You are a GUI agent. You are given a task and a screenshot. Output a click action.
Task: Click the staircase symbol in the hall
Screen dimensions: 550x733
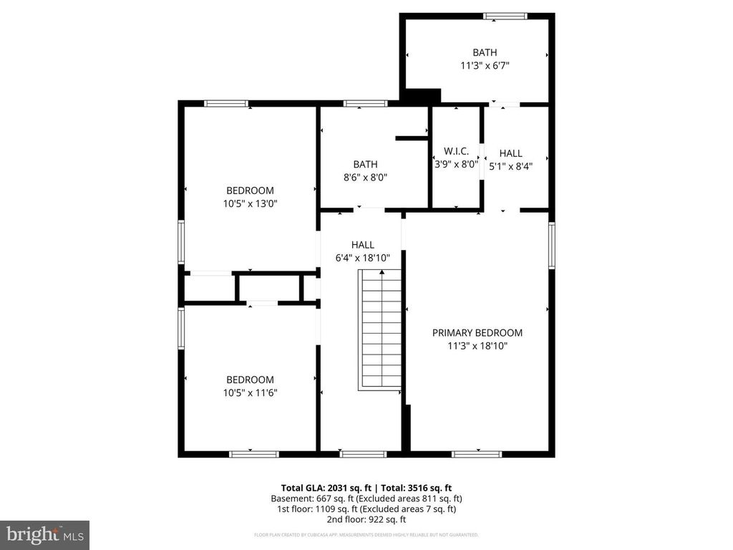(x=382, y=329)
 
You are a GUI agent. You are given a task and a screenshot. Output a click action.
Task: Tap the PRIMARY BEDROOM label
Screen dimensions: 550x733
(x=477, y=333)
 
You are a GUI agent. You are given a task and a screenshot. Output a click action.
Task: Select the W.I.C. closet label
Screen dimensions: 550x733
(x=456, y=151)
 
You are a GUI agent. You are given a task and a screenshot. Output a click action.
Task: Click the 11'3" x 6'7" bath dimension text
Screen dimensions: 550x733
(x=484, y=65)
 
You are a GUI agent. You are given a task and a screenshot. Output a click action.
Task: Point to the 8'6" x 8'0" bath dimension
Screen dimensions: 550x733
(x=365, y=177)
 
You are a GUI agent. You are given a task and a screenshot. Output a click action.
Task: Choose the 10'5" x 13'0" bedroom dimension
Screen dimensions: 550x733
(x=250, y=203)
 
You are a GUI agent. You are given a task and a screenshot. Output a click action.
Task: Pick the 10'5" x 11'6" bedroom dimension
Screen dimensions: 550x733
(x=250, y=392)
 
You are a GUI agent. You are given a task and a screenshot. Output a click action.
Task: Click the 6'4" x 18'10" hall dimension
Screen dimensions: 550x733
(x=362, y=258)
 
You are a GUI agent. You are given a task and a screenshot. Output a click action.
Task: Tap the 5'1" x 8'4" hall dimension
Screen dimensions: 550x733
(x=510, y=165)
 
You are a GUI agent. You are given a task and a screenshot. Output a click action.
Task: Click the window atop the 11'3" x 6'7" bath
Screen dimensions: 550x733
(x=505, y=16)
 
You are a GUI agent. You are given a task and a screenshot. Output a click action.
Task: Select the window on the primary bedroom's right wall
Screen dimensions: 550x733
(x=552, y=245)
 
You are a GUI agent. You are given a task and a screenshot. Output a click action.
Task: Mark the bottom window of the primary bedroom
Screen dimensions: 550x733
(x=477, y=453)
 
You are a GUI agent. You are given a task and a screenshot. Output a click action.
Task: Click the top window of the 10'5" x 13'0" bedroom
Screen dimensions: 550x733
(x=226, y=104)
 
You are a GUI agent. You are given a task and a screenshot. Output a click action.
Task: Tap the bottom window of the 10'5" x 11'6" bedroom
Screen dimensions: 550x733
(x=253, y=453)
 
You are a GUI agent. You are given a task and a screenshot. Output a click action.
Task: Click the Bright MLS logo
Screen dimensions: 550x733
(x=44, y=534)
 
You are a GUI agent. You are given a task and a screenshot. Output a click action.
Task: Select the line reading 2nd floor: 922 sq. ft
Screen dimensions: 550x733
(x=366, y=519)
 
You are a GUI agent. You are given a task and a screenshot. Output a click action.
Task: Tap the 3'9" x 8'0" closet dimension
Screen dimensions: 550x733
(x=456, y=164)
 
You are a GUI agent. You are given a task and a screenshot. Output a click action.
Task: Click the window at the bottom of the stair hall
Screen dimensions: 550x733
(x=362, y=453)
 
